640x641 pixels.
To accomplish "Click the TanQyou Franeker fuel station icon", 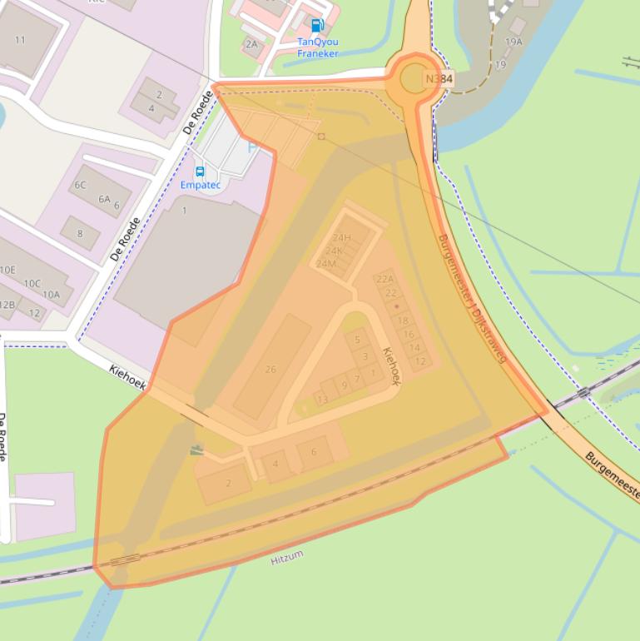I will click(316, 26).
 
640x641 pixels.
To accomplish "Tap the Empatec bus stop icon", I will click(200, 171).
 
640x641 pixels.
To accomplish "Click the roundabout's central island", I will click(414, 79).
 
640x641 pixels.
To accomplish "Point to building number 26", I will click(270, 369).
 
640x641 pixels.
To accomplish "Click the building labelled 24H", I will click(341, 238).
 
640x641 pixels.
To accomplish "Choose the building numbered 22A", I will click(384, 279).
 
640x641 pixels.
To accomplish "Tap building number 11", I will click(20, 40).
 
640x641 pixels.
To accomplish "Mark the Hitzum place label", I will click(287, 557).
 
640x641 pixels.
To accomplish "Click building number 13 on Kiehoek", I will click(322, 400).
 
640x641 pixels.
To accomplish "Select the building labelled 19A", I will click(514, 41).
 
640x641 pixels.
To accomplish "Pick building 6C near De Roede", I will click(80, 185).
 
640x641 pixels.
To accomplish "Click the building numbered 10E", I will click(7, 270).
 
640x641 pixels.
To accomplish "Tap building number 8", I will click(80, 233).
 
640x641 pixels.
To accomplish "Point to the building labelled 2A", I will click(251, 43).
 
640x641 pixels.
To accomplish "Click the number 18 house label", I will click(404, 320).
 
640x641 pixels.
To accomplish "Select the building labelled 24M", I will click(326, 264).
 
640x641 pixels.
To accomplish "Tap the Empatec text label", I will click(201, 185).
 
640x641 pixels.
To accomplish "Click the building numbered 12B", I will click(7, 305).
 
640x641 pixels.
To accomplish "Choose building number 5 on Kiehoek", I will click(358, 340).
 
